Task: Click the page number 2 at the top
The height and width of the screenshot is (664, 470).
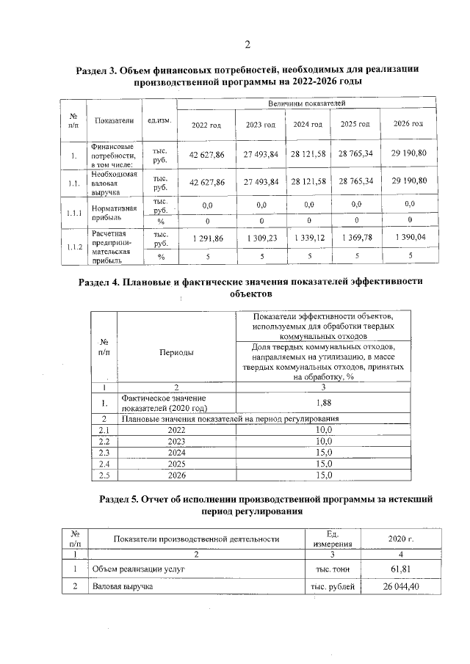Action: pos(247,45)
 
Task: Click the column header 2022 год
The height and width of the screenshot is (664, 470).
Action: pos(206,125)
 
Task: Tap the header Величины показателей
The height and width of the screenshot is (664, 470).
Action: pos(306,105)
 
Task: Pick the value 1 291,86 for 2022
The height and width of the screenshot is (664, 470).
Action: pos(206,239)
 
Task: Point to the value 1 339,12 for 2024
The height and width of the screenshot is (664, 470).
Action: pos(308,239)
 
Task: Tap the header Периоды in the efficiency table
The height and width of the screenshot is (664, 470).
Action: pos(176,352)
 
